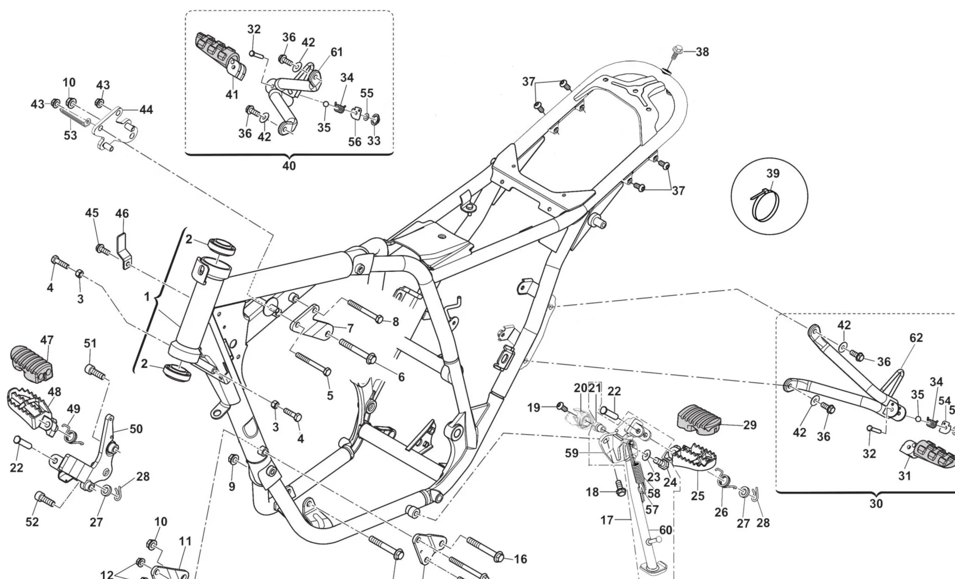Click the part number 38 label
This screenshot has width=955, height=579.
[702, 52]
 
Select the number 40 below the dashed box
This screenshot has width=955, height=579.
[289, 166]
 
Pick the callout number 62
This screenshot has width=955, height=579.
[916, 338]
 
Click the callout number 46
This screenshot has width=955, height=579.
[122, 214]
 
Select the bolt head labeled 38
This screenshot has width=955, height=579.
[678, 49]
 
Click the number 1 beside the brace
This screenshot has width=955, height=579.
[147, 297]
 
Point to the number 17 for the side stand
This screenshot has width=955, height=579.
[606, 520]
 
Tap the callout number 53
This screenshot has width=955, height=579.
[70, 135]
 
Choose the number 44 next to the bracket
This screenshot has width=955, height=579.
[146, 110]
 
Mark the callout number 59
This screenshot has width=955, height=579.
[572, 453]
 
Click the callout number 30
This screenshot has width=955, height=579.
[876, 503]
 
